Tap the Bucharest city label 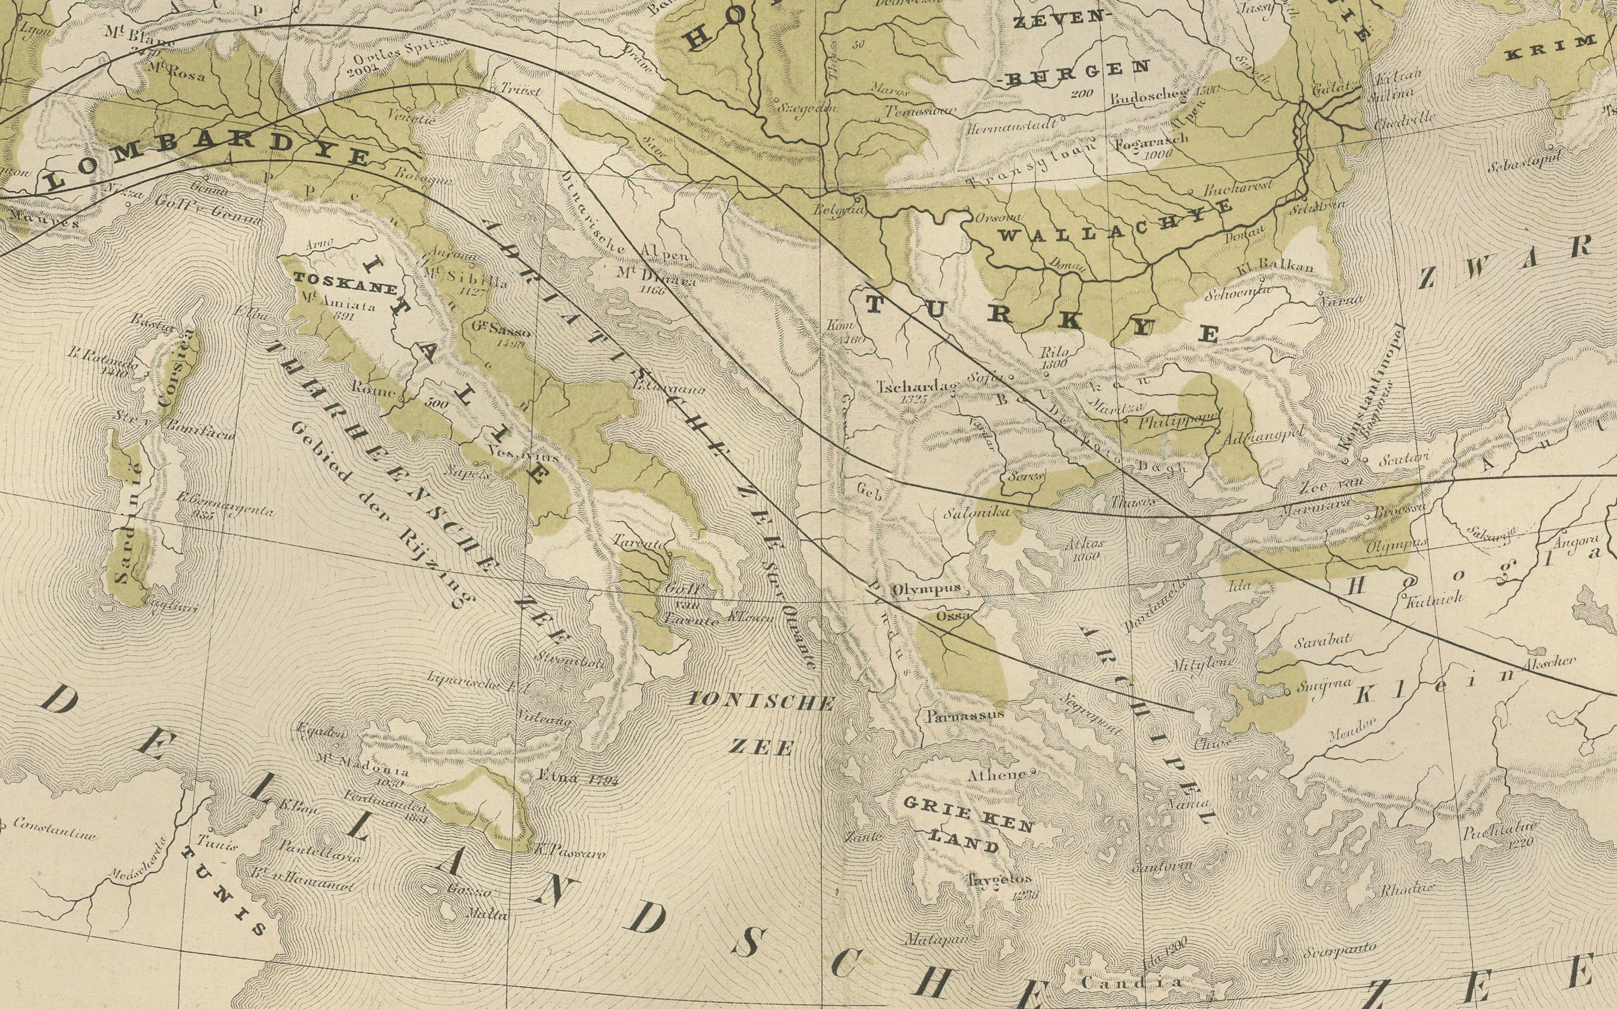pos(1238,187)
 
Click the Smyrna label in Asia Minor pos(1315,683)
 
